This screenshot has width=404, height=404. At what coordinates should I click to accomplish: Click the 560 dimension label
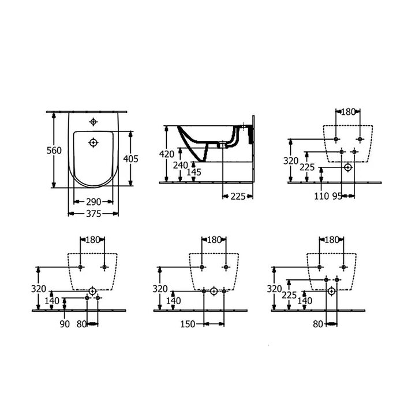(54, 151)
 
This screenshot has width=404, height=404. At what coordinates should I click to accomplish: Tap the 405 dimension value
(130, 159)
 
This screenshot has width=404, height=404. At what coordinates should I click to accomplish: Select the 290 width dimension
(93, 202)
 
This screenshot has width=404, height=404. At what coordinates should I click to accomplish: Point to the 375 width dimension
(93, 214)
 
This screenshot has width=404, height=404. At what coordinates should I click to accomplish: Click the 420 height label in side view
(167, 154)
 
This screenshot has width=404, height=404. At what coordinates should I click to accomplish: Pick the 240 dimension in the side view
(180, 166)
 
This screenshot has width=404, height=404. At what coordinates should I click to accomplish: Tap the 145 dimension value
(194, 173)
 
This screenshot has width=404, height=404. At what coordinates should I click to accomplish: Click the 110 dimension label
(321, 196)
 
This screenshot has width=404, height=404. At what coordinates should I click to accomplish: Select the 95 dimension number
(337, 196)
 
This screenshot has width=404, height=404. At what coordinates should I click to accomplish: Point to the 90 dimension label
(65, 324)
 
